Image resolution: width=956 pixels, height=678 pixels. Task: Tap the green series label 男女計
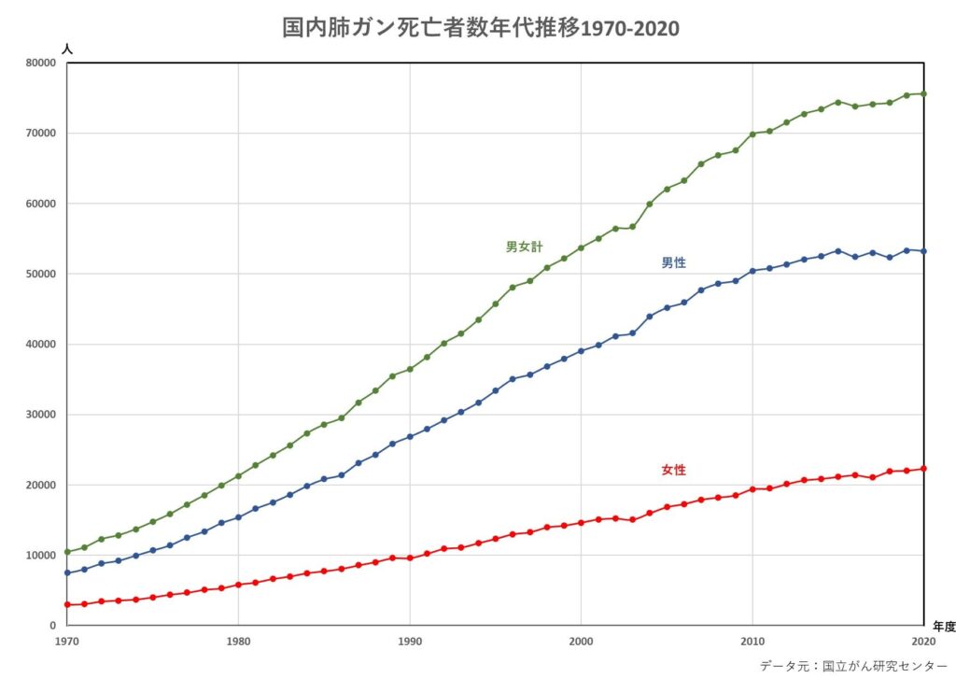coord(524,247)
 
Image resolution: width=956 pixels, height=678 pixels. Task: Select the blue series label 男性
coord(673,263)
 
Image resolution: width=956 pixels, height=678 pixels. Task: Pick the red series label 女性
coord(673,470)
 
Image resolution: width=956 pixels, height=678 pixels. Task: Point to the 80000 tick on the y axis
coord(40,63)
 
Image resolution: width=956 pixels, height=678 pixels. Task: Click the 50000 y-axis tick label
coord(40,274)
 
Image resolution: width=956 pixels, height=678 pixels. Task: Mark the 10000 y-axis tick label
coord(40,556)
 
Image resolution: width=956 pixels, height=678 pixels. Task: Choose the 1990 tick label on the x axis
coord(409,642)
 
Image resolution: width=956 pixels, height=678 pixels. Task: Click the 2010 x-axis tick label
coord(752,642)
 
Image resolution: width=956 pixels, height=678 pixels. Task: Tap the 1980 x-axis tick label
coord(238,642)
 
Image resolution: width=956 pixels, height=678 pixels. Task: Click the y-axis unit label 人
coord(66,47)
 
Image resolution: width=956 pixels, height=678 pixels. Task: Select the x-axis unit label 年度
coord(942,628)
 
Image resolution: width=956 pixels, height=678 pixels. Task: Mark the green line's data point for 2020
coord(923,93)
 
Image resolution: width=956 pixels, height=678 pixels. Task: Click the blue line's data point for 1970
coord(67,572)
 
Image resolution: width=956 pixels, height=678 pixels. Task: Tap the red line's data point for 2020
coord(923,469)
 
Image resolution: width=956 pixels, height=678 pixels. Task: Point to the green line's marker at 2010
coord(752,134)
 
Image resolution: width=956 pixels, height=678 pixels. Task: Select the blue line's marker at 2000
coord(581,351)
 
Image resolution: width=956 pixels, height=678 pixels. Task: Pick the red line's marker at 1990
coord(410,558)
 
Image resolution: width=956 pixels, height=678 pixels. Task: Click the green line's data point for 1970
coord(67,552)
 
